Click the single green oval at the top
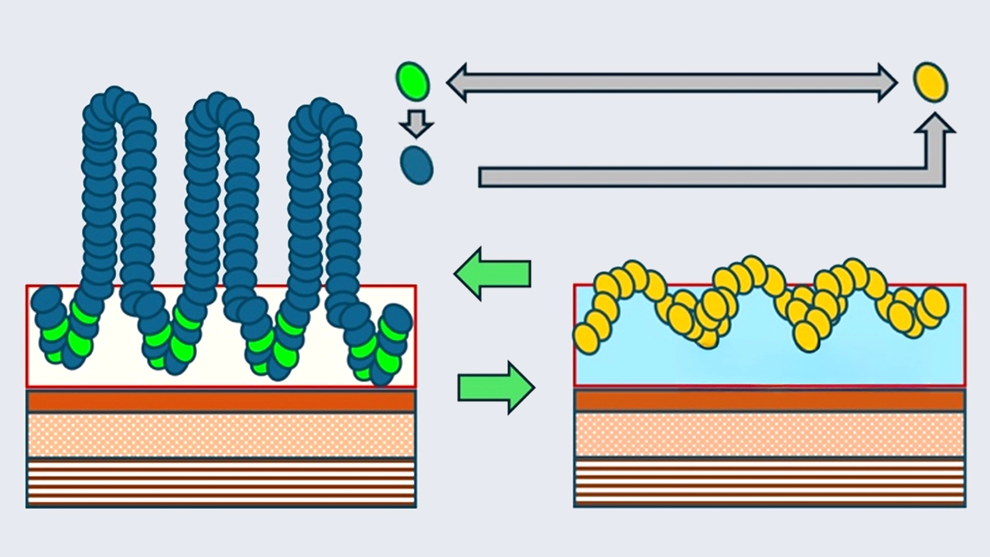[412, 81]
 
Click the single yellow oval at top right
[929, 81]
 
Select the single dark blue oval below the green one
[417, 165]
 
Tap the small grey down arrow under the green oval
[417, 123]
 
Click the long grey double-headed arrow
[671, 81]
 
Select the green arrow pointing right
[496, 386]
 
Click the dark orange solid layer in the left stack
[221, 401]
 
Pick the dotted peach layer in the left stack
[221, 435]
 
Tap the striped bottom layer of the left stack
[221, 483]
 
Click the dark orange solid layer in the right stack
[769, 401]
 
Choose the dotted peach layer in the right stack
[769, 435]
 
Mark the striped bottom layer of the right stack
[769, 483]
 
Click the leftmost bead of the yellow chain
[585, 339]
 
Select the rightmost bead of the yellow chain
[934, 302]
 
